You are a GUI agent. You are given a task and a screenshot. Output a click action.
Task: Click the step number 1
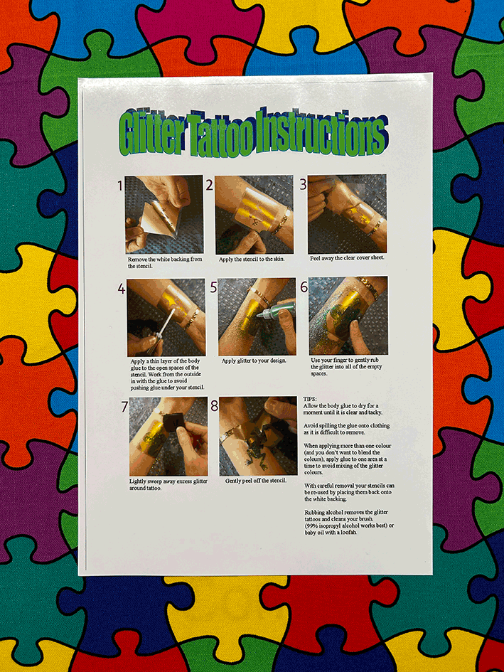120,186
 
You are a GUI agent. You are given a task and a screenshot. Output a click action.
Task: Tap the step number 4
122,289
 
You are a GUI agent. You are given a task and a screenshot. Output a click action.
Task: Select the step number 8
214,406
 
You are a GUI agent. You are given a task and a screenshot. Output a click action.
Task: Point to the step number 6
304,287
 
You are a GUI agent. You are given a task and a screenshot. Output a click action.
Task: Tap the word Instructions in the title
321,132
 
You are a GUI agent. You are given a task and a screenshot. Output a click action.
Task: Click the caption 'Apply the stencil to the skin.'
252,260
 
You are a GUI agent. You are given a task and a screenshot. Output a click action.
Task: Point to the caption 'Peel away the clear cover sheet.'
347,258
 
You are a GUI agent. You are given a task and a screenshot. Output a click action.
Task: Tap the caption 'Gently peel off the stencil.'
256,481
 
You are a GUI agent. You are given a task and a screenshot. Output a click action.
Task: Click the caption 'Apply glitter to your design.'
254,361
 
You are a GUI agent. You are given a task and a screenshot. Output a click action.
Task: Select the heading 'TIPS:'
309,399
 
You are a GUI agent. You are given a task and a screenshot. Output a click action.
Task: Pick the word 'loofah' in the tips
350,533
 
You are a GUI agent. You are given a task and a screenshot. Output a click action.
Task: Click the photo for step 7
168,437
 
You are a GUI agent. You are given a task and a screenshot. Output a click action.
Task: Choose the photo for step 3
347,214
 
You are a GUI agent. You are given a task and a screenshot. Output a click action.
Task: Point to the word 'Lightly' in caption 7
139,481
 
